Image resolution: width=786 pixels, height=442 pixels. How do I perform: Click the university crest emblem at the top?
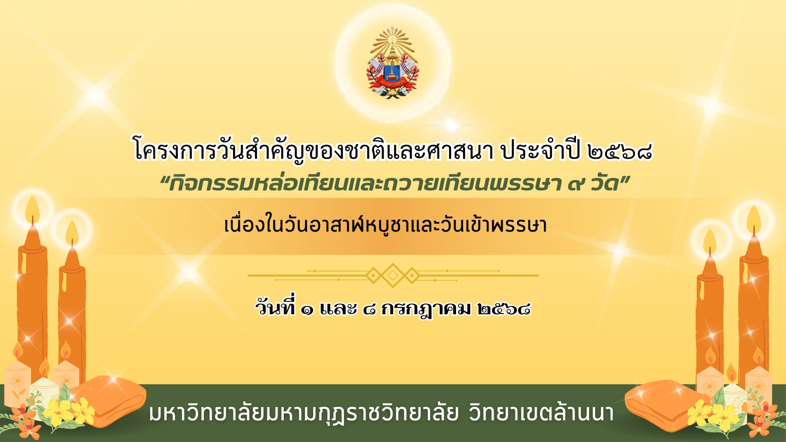(x=393, y=63)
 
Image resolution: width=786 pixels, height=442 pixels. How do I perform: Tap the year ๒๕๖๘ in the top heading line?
(x=619, y=152)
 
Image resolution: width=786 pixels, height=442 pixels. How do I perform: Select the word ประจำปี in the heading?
(x=541, y=150)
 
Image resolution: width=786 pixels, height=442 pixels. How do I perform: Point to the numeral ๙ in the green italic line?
(x=576, y=184)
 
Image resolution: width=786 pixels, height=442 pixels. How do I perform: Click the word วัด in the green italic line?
(x=604, y=183)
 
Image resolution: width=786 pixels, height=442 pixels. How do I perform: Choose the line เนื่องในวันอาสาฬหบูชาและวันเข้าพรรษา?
(x=385, y=225)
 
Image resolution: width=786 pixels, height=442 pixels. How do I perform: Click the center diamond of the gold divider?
(x=393, y=275)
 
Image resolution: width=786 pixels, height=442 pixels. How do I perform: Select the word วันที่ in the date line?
(x=275, y=307)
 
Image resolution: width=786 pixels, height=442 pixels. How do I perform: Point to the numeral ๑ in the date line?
(x=307, y=310)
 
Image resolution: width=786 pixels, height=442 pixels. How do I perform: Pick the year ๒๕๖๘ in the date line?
(x=504, y=309)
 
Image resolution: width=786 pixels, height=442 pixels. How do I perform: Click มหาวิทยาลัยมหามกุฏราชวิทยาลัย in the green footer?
(x=304, y=413)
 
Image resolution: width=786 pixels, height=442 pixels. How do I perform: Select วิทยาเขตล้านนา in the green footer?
(x=541, y=413)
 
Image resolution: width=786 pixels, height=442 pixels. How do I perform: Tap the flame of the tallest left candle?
(x=32, y=210)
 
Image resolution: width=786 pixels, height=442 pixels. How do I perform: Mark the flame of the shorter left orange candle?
(x=72, y=233)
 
